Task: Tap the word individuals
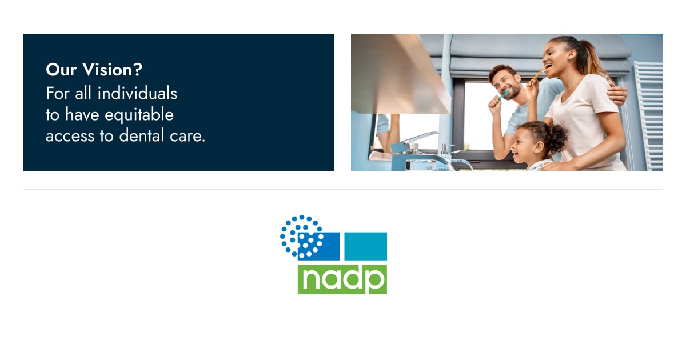137,93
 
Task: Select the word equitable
139,115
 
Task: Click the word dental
142,135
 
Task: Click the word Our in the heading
61,70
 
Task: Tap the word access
70,137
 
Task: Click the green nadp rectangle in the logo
342,279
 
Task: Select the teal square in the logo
366,246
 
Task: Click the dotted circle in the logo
302,236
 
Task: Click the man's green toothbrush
503,95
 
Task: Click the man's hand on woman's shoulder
616,95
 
